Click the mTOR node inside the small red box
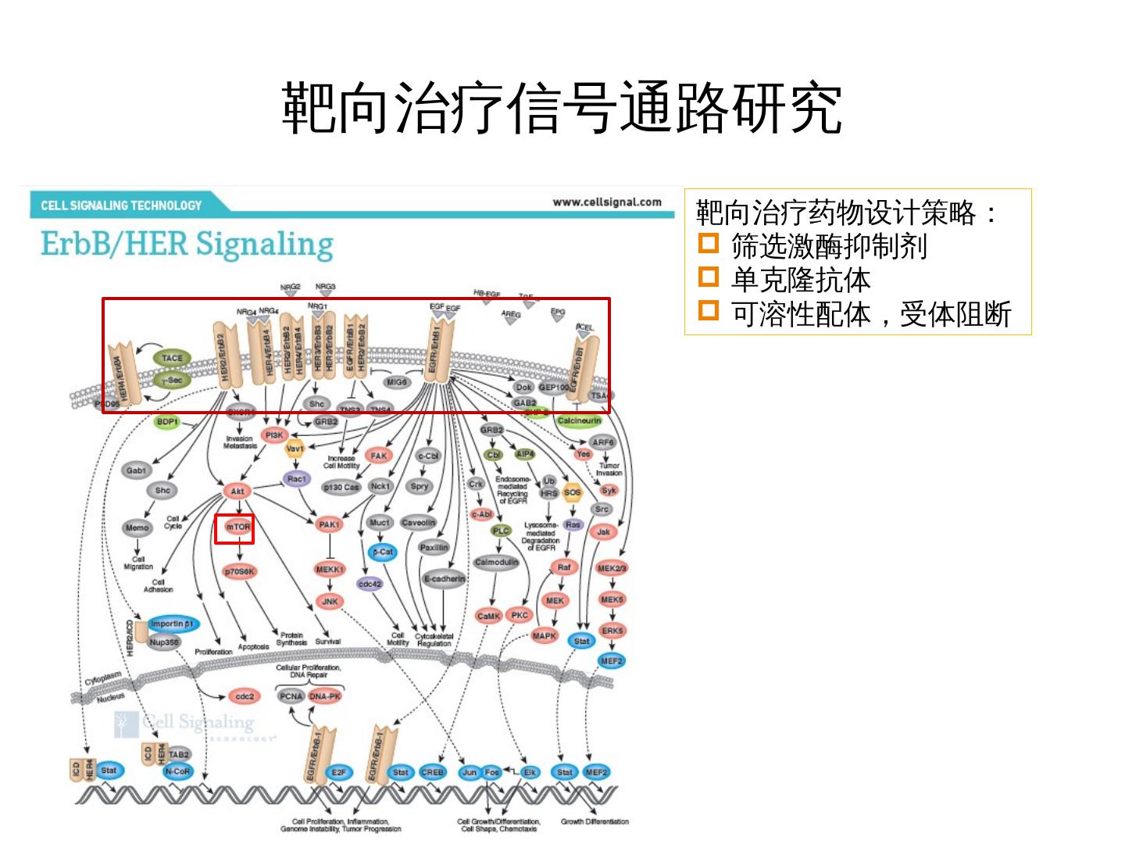coord(238,527)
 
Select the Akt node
coord(237,492)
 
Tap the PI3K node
coord(275,435)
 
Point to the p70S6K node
coord(240,571)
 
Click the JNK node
coord(330,601)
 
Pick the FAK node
coord(378,456)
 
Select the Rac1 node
coord(297,479)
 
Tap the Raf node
coord(564,567)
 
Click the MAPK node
coord(545,636)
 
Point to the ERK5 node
coord(612,630)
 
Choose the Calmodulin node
coord(497,562)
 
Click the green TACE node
coord(172,358)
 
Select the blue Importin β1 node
coord(172,624)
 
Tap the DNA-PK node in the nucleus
coord(325,696)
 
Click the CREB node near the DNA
coord(432,772)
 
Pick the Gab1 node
coord(136,470)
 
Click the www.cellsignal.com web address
coord(607,202)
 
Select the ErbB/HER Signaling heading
coord(187,244)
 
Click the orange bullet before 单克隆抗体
coord(708,277)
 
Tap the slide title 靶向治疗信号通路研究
coord(562,107)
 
